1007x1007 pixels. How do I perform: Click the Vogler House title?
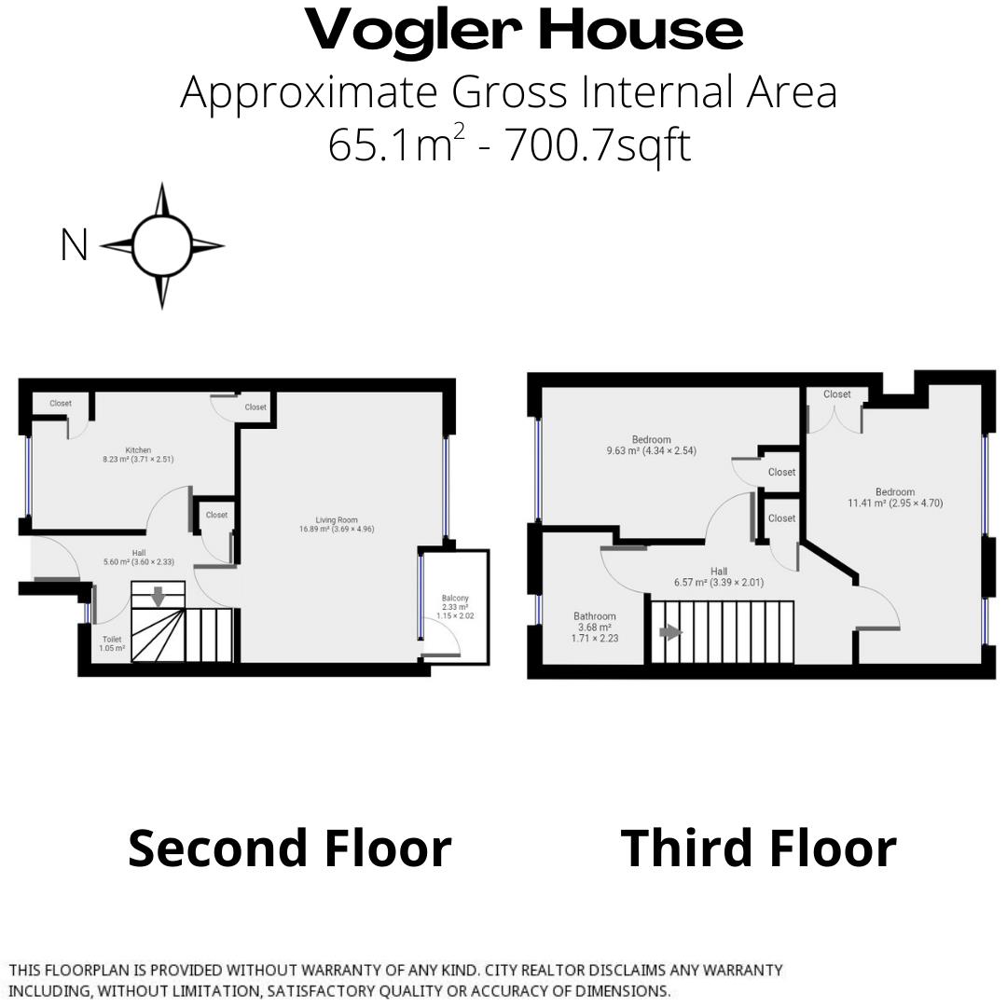[x=524, y=31]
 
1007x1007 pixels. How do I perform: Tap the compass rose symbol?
[x=161, y=246]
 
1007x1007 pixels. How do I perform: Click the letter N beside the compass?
[x=74, y=246]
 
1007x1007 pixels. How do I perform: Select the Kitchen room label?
[x=138, y=450]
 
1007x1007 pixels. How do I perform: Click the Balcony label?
[x=455, y=599]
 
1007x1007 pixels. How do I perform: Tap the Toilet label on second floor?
[x=112, y=640]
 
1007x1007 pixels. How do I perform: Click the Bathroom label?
[x=595, y=616]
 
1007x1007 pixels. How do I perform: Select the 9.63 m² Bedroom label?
[x=651, y=440]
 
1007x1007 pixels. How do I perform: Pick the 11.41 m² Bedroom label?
[x=894, y=492]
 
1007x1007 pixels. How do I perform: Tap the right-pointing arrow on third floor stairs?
[x=670, y=632]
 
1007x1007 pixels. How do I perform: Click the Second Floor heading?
[x=289, y=848]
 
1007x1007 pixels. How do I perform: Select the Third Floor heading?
[x=758, y=848]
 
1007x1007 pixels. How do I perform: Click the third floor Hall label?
[x=718, y=572]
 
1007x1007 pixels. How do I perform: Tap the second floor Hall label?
[x=138, y=553]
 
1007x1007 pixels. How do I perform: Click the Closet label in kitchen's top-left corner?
[x=61, y=404]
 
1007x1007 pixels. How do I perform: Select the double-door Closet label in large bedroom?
[x=836, y=394]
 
